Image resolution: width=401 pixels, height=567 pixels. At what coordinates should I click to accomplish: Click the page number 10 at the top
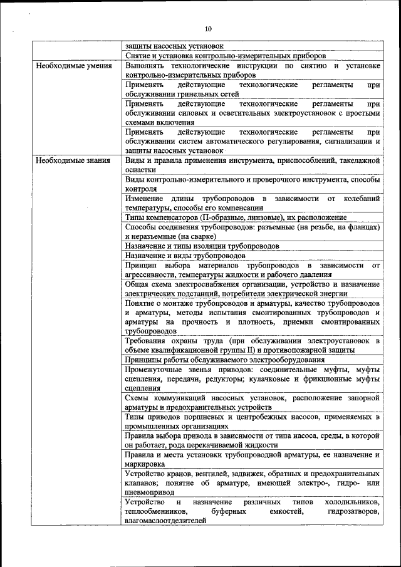(208, 29)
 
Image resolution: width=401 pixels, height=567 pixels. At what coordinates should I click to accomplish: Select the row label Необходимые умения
(74, 65)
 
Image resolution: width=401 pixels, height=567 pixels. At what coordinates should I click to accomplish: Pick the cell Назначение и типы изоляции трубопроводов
(202, 246)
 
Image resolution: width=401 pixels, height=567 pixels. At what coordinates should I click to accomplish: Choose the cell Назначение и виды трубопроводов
(185, 256)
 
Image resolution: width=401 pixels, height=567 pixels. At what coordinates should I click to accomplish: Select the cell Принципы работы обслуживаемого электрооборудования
(224, 360)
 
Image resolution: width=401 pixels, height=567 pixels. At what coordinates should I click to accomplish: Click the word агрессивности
(150, 274)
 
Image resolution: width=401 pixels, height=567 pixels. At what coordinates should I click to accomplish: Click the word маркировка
(145, 464)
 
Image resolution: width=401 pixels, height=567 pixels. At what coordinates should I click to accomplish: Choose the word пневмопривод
(147, 492)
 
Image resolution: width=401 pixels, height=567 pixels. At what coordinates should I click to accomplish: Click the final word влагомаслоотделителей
(165, 521)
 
